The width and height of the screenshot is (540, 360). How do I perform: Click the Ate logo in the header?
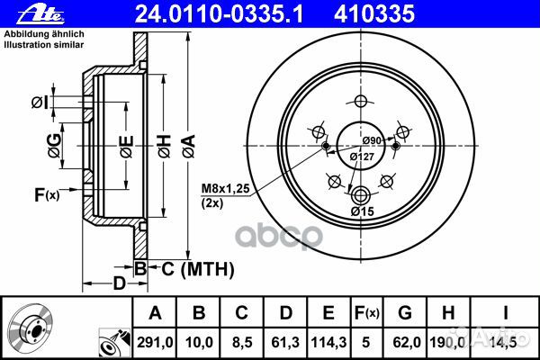(x=40, y=14)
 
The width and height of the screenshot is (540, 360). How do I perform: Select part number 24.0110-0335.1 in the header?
(x=219, y=14)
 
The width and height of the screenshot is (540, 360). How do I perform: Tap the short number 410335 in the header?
(x=374, y=14)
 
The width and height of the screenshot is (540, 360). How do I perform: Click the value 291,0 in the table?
(x=155, y=342)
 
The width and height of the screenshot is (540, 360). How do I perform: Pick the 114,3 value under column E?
(x=328, y=342)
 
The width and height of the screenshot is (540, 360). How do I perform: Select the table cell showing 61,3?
(x=285, y=342)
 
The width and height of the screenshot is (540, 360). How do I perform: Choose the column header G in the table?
(x=405, y=313)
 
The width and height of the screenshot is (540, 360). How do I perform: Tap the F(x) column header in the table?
(x=366, y=313)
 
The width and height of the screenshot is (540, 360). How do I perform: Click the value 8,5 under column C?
(x=242, y=342)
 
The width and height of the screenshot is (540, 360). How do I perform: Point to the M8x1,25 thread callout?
(x=225, y=188)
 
